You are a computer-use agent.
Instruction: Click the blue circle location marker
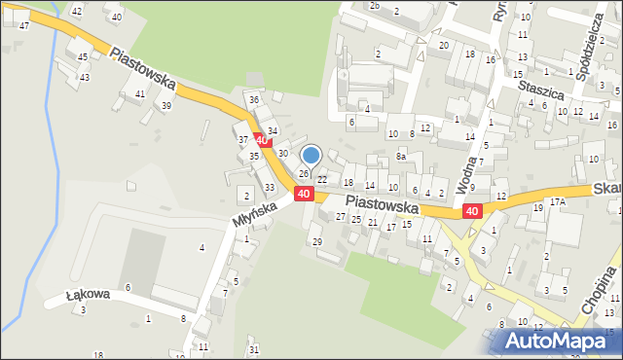coord(311,155)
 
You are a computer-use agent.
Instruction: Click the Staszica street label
coord(542,88)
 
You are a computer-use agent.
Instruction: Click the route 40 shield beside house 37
coord(261,141)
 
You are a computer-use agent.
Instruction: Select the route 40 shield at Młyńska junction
coord(304,195)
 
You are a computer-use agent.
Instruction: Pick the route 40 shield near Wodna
coord(472,211)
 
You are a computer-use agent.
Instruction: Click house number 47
coord(23,25)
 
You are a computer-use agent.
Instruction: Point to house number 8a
coord(400,156)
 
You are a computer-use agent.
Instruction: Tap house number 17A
coord(557,201)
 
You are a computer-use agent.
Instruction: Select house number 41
coord(141,93)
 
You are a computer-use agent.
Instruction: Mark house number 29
coord(315,240)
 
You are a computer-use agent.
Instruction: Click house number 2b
coord(375,5)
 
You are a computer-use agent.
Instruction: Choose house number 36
coord(254,99)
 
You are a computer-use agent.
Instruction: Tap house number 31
coord(254,349)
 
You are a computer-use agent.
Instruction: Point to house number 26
coord(304,173)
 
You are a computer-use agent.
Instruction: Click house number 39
coord(166,105)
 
